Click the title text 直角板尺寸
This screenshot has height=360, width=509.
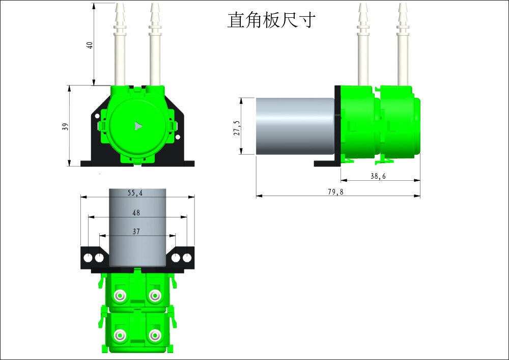point(272,20)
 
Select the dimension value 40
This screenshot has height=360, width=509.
point(90,45)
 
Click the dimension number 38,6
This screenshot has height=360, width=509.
point(378,176)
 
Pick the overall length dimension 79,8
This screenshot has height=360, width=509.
point(335,192)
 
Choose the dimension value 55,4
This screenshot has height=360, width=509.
point(135,193)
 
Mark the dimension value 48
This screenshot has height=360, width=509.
point(136,213)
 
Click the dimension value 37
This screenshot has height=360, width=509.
point(136,231)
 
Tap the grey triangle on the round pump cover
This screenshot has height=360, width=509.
point(137,126)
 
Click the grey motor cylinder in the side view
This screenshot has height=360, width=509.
point(294,125)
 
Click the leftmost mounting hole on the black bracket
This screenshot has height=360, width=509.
point(88,258)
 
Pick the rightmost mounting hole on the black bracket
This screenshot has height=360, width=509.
point(187,258)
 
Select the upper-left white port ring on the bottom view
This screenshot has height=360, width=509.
point(120,295)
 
